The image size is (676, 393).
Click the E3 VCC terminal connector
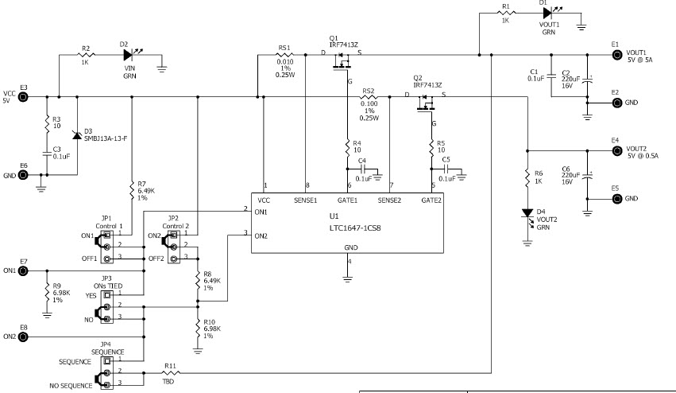pos(24,97)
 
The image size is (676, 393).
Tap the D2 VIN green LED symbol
pos(129,56)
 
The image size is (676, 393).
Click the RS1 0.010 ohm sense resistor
pos(284,56)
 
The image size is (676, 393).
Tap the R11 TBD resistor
pos(170,372)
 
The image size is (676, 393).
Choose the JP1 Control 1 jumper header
pos(106,247)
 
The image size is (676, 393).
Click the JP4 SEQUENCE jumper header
pos(106,372)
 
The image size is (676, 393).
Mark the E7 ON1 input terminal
pos(24,270)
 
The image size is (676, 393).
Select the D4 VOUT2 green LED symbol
pos(526,214)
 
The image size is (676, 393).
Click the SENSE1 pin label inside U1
pos(307,200)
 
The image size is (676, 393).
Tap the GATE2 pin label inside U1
pos(431,200)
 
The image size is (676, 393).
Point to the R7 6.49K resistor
pos(130,189)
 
